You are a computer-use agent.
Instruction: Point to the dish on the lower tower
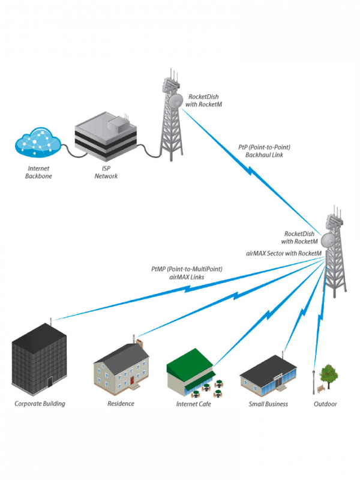329,240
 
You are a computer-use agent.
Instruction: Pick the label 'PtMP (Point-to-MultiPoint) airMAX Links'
187,274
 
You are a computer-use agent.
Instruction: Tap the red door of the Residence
131,380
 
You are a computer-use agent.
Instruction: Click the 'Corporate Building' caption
40,404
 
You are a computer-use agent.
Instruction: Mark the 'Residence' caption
121,404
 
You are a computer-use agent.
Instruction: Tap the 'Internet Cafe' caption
193,404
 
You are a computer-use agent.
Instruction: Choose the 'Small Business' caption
268,404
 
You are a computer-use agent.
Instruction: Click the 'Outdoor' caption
325,404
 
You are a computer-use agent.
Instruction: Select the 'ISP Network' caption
106,173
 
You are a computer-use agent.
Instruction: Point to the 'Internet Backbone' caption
38,173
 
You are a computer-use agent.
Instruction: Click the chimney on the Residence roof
140,344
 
